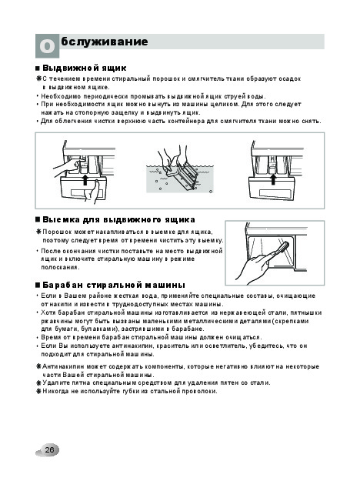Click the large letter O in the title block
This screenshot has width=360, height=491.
pos(47,46)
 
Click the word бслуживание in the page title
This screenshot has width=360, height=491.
pos(105,42)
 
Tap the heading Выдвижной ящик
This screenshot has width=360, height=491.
pos(84,68)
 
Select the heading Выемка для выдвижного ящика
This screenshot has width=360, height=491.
pos(118,220)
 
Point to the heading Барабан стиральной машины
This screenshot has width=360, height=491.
pos(114,285)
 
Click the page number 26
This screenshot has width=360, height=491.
pos(49,450)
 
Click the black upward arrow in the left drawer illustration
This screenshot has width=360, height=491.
pos(85,180)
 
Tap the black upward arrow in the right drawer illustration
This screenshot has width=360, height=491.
pos(273,179)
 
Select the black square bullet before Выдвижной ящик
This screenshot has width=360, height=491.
pos(38,68)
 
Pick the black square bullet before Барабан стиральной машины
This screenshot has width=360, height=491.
pos(38,286)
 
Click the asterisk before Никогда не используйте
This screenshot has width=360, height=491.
pos(38,391)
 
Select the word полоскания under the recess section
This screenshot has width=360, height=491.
pos(61,267)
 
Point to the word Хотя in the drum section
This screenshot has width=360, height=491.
pos(48,312)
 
